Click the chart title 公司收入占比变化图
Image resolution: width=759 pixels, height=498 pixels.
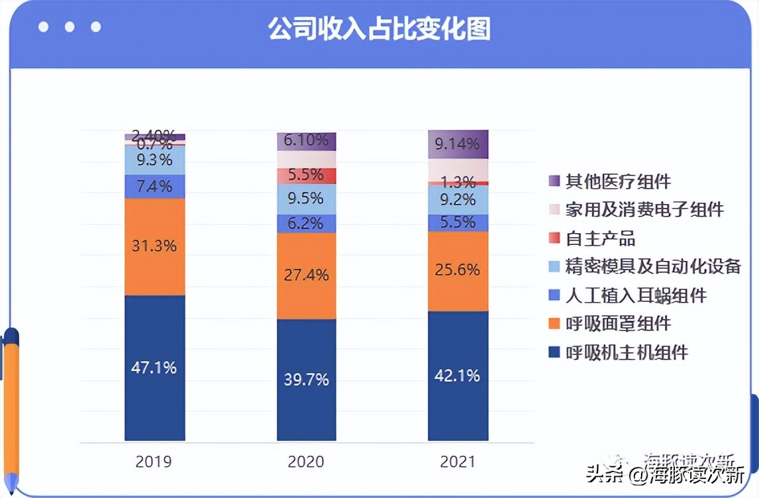tap(379, 28)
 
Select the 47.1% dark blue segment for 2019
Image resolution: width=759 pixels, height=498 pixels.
tap(154, 368)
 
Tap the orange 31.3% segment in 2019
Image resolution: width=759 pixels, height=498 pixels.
tap(154, 246)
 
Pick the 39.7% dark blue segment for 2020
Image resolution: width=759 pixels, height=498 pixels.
tap(306, 379)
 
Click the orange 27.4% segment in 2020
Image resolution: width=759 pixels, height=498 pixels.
tap(306, 275)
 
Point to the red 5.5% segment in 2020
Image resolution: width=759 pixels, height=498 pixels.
tap(306, 175)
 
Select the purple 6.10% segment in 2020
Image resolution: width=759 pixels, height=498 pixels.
tap(306, 141)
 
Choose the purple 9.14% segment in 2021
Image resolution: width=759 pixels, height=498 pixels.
tap(458, 144)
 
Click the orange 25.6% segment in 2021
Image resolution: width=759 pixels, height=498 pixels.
tap(458, 270)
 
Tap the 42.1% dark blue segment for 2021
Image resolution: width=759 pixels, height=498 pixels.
tap(458, 375)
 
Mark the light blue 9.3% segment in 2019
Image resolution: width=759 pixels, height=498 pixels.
tap(154, 160)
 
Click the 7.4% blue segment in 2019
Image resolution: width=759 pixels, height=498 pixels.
tap(154, 186)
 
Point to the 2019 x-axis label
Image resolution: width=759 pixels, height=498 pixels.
tap(154, 462)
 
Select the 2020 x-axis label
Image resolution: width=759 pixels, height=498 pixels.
tap(306, 462)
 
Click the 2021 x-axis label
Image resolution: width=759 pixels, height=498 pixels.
tap(458, 462)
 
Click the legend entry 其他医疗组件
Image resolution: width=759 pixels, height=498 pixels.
tap(617, 181)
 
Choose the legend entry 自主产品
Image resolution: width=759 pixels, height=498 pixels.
tap(600, 238)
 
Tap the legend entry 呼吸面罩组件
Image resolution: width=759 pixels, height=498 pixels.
tap(617, 323)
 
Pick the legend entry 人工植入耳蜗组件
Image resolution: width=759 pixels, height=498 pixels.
tap(635, 295)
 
